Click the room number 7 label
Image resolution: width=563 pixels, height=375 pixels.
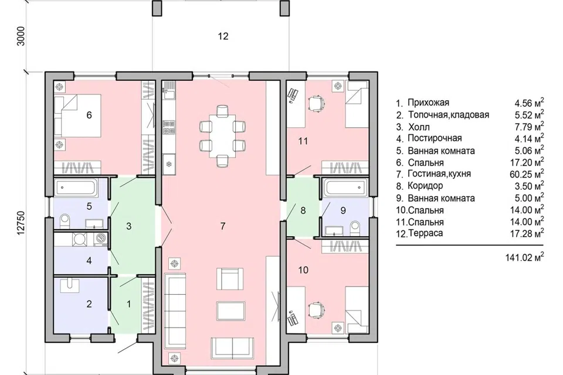[x=223, y=226]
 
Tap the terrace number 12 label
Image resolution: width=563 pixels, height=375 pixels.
[x=223, y=36]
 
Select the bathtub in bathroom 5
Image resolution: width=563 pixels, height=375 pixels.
[x=76, y=187]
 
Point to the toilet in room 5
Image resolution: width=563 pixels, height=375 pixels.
[x=65, y=221]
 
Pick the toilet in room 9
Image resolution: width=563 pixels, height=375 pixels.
[x=355, y=229]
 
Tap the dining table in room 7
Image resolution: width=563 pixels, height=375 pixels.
[x=223, y=136]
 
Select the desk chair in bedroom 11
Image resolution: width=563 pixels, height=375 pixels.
[x=317, y=103]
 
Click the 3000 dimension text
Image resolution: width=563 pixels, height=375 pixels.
[x=21, y=36]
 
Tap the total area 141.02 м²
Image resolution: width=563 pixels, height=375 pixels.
[x=524, y=257]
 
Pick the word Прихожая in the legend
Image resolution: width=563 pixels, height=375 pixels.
[x=428, y=103]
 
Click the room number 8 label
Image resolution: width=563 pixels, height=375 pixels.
[x=303, y=210]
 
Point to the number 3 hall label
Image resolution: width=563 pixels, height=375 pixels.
[x=128, y=226]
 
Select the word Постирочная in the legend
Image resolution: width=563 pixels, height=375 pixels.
[x=435, y=138]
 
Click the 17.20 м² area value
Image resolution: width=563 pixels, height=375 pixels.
[x=527, y=162]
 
